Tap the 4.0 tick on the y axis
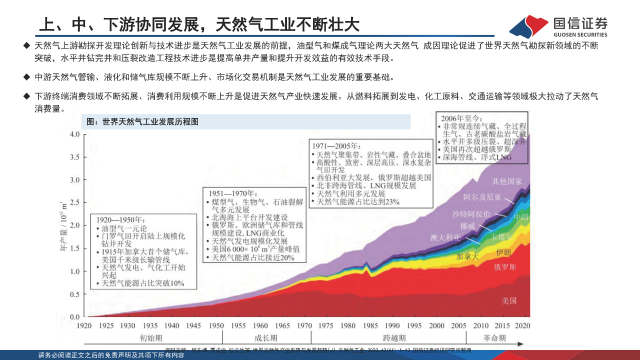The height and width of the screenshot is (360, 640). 74,134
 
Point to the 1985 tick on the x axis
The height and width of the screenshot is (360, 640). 370,325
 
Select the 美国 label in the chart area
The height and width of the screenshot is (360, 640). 509,301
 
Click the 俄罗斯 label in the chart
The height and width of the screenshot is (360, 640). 505,267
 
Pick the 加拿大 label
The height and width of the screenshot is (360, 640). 467,256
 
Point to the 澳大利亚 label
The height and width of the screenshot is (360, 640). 445,237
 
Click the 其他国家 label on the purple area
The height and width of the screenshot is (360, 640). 507,181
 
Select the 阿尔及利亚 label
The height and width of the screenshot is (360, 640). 482,197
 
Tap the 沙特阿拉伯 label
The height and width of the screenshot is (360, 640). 471,214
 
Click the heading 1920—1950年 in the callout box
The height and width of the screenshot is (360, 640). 120,219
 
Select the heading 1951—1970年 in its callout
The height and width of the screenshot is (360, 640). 232,193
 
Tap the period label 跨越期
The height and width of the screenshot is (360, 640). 394,338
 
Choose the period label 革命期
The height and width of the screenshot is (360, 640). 495,338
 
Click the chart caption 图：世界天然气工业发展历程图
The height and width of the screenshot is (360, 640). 142,121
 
